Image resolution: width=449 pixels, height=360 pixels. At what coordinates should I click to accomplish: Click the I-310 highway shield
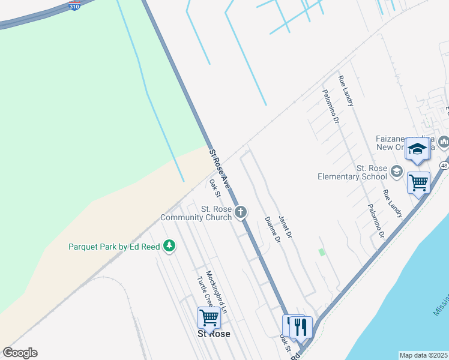coord(74,6)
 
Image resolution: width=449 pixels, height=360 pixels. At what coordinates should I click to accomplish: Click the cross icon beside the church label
coord(241,211)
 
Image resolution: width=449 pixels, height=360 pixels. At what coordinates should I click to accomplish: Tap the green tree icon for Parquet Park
coord(169,245)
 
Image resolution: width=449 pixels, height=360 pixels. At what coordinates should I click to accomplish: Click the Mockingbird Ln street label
coord(216,292)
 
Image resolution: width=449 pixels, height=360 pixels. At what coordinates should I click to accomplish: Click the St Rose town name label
coord(214,334)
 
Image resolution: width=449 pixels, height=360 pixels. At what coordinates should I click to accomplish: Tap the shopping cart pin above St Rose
coord(209,317)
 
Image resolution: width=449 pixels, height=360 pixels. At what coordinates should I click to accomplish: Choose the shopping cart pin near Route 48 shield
coord(418,181)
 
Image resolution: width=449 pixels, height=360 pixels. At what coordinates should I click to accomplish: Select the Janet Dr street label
coord(285,226)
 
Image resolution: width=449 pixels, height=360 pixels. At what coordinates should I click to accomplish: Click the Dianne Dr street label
coord(273,229)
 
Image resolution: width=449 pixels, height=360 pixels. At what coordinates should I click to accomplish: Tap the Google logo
coord(20,353)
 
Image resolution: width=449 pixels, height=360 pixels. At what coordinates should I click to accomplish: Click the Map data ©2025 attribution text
coord(423,355)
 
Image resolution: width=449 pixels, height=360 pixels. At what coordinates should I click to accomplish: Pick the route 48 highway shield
coord(444,165)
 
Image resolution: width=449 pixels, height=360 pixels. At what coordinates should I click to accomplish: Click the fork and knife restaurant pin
coord(301,326)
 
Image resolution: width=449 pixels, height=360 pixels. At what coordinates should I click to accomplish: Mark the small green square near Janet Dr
coord(322,253)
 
